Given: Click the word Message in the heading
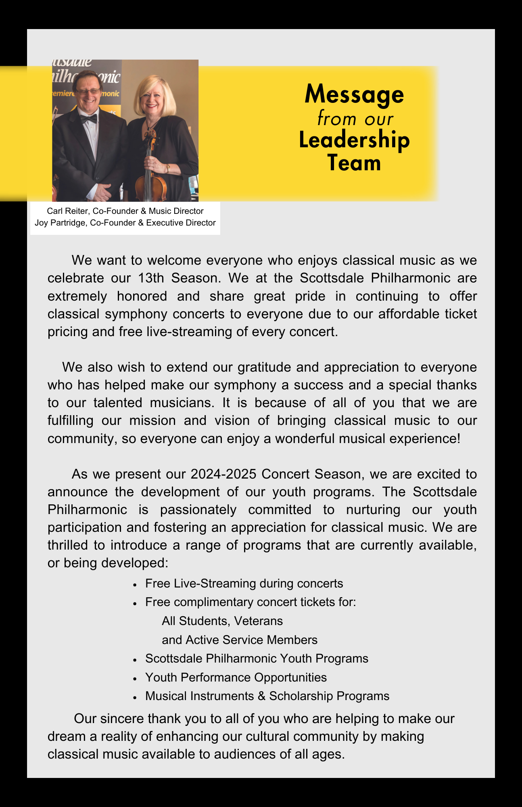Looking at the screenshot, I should tap(354, 94).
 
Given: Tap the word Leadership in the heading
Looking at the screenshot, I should tap(354, 140).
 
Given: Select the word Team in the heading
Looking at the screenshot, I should tap(354, 163).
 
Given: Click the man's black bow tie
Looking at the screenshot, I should tap(88, 119).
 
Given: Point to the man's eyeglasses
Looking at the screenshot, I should tap(88, 92).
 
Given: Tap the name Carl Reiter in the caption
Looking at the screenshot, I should tap(67, 211).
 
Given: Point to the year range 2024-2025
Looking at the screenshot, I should tap(223, 474).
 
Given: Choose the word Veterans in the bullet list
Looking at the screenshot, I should tap(258, 621).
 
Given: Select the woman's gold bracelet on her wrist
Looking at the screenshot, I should tap(168, 168).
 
